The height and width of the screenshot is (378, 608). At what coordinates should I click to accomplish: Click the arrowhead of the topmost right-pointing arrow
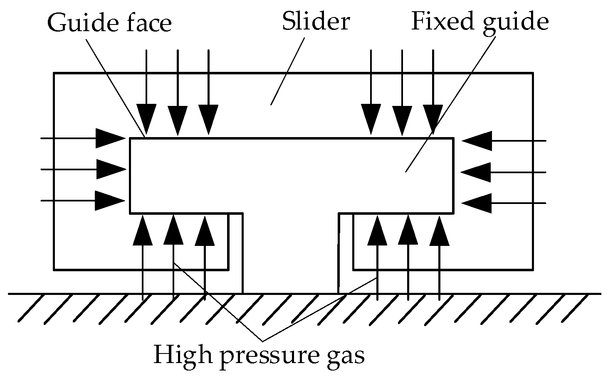[x=111, y=138]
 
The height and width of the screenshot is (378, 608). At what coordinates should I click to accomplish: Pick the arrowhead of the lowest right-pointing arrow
[x=111, y=201]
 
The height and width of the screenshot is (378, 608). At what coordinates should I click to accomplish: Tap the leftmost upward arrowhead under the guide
[x=143, y=230]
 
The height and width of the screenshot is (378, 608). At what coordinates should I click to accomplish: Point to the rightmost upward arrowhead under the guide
[x=439, y=230]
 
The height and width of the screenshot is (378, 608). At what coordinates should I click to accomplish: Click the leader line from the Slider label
[x=288, y=71]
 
